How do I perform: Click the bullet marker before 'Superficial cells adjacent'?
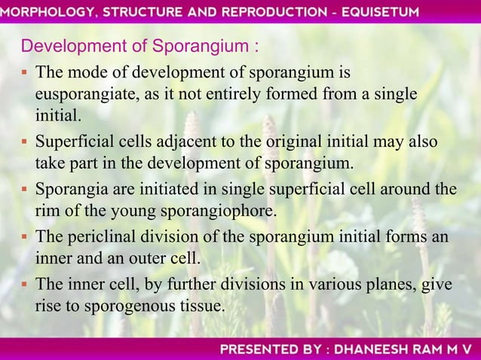(x=25, y=143)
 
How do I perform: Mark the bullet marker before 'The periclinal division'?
(x=25, y=237)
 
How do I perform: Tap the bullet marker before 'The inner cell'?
(x=25, y=285)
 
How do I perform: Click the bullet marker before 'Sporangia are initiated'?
(x=25, y=190)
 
